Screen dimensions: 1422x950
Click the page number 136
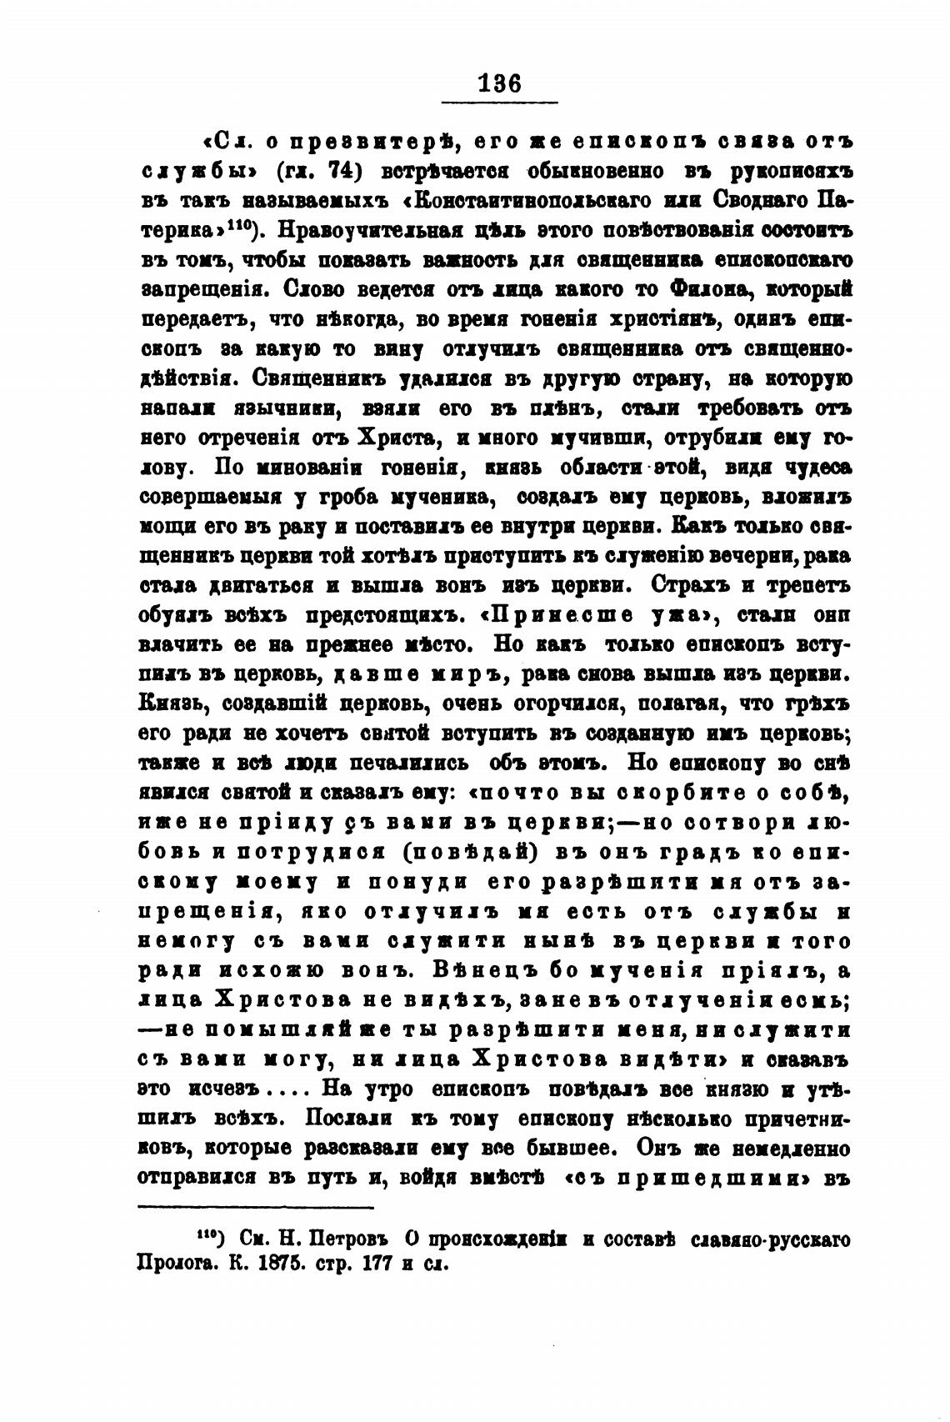coord(498,83)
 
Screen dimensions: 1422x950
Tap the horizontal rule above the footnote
coord(254,1206)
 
